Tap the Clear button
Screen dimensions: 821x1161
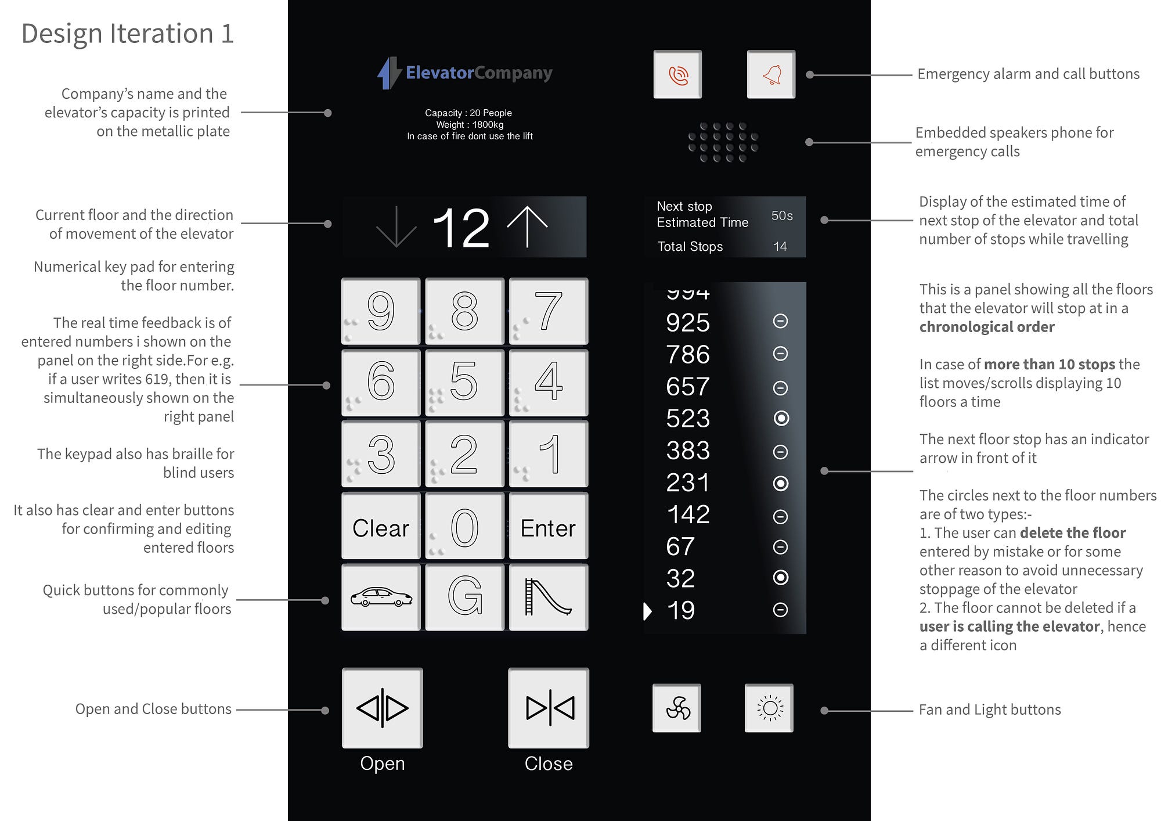coord(381,527)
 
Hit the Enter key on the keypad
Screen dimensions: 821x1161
coord(548,527)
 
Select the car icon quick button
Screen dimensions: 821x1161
coord(381,597)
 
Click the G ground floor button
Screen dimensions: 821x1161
coord(464,597)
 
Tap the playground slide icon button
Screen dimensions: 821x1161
coord(548,597)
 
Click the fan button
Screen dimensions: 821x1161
coord(677,708)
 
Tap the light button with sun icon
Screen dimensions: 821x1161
coord(769,708)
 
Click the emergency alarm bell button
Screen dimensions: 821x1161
coord(771,74)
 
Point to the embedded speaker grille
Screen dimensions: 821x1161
coord(723,142)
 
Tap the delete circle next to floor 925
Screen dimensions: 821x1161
coord(781,321)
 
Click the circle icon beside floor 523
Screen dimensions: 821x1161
coord(781,418)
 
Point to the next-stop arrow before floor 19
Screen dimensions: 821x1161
coord(648,611)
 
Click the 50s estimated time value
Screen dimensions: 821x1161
coord(781,215)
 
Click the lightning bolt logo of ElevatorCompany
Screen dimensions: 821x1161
coord(388,73)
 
